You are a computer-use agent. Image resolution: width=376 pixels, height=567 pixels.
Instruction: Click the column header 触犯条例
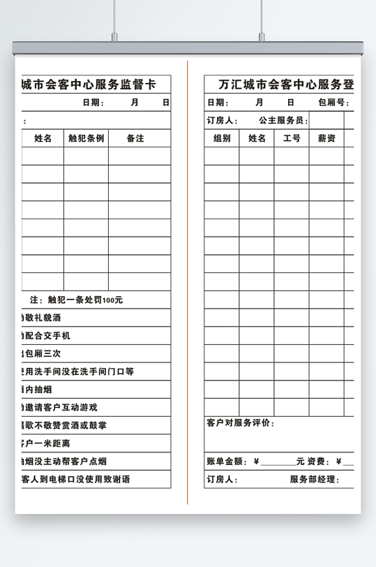click(87, 138)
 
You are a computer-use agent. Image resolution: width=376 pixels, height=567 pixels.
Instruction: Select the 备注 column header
click(135, 138)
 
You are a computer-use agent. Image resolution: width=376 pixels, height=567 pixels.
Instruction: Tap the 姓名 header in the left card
click(43, 138)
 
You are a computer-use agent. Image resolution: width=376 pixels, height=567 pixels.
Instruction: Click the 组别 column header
click(222, 138)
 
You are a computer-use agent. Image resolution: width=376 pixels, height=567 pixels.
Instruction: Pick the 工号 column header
click(292, 138)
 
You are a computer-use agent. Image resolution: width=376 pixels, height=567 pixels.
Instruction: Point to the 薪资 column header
click(326, 138)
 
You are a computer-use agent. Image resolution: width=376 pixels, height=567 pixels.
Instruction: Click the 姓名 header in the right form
click(257, 138)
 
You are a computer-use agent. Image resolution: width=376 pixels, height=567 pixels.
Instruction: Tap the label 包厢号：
click(333, 103)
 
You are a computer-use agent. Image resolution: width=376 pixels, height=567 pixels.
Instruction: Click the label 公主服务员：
click(283, 121)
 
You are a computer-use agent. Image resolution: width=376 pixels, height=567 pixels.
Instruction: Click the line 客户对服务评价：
click(241, 423)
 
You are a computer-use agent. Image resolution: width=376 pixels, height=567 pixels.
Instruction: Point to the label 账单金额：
click(227, 461)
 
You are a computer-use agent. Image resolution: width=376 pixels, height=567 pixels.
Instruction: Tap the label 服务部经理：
click(315, 480)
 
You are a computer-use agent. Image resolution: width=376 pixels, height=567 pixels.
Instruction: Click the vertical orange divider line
click(188, 279)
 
